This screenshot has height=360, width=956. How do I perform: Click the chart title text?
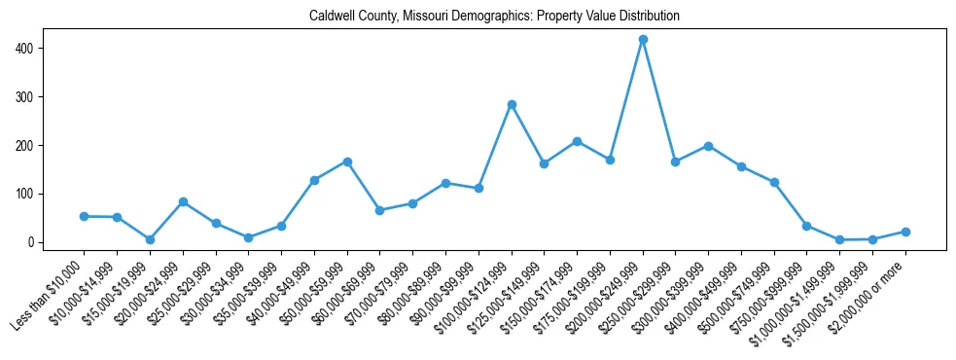(x=494, y=17)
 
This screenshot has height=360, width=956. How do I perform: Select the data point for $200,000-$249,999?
(x=643, y=39)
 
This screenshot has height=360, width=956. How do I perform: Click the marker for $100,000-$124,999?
(x=512, y=104)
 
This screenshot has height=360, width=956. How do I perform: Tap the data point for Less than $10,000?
(x=85, y=216)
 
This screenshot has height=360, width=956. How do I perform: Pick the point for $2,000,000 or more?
(x=905, y=232)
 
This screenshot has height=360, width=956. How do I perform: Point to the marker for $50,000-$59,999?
(x=347, y=162)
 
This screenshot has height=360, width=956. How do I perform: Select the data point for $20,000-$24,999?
(x=183, y=201)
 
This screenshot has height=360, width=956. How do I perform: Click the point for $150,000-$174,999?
(x=577, y=141)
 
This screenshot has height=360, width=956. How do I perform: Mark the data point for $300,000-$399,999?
(x=708, y=146)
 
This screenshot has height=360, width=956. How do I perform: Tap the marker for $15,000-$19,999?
(x=150, y=239)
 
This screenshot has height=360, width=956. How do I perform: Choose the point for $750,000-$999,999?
(x=807, y=226)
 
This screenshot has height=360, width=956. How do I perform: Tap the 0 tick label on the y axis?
(x=37, y=242)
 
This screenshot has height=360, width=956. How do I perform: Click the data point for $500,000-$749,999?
(x=774, y=182)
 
